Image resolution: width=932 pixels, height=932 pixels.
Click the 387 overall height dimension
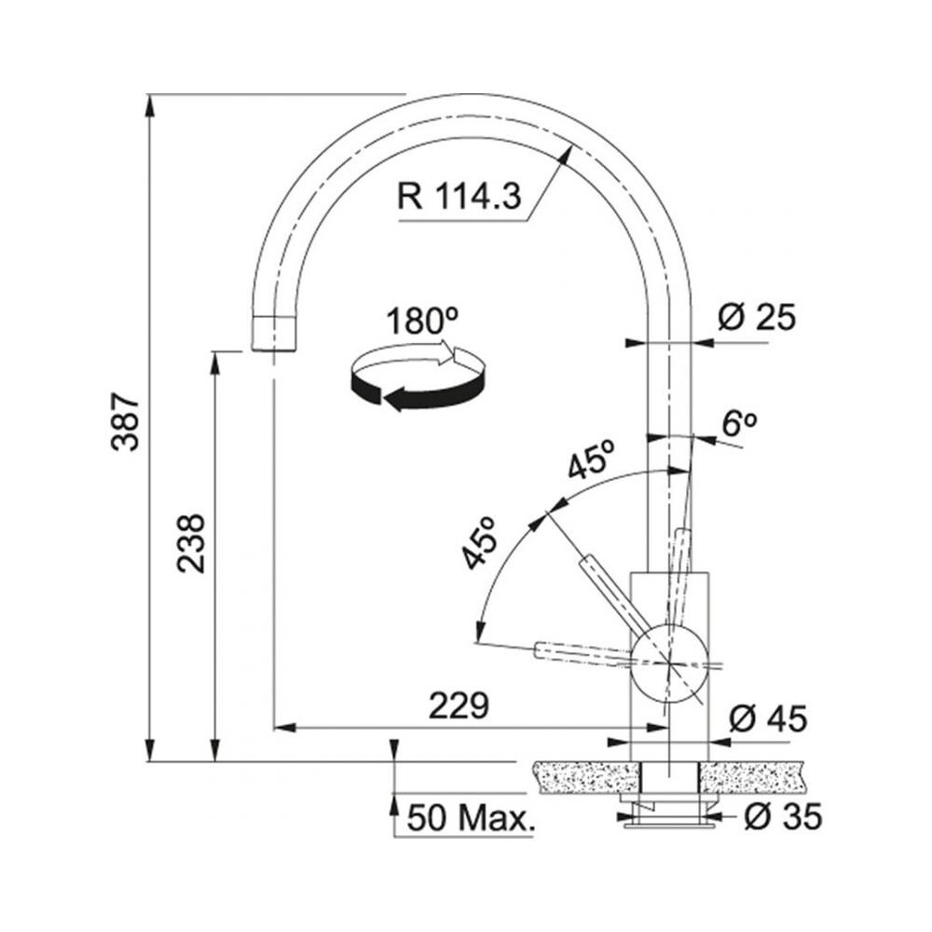[x=126, y=421]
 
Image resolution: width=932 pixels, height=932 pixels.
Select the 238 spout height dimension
[x=191, y=543]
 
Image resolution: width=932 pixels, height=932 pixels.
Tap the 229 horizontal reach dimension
[x=459, y=706]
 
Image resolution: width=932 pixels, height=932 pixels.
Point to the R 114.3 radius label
[x=459, y=196]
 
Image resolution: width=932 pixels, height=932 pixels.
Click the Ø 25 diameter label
[x=756, y=317]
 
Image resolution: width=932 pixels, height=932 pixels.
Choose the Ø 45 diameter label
[x=768, y=719]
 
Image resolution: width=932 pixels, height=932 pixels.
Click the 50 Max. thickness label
[x=471, y=819]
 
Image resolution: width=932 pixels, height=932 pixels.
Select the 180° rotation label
[x=422, y=321]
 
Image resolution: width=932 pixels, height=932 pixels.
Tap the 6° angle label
[x=739, y=422]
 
